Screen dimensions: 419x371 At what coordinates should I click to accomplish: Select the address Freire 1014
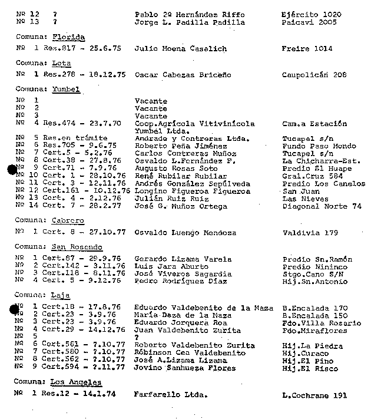(307, 50)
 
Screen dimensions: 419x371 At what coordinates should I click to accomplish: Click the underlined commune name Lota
(61, 63)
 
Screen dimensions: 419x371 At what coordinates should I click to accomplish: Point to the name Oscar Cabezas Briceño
(183, 75)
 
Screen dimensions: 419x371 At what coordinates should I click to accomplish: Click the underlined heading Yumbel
(65, 90)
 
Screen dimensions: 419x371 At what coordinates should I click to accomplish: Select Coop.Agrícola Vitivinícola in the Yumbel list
(194, 124)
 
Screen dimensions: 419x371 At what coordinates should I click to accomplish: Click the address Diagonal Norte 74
(322, 206)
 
